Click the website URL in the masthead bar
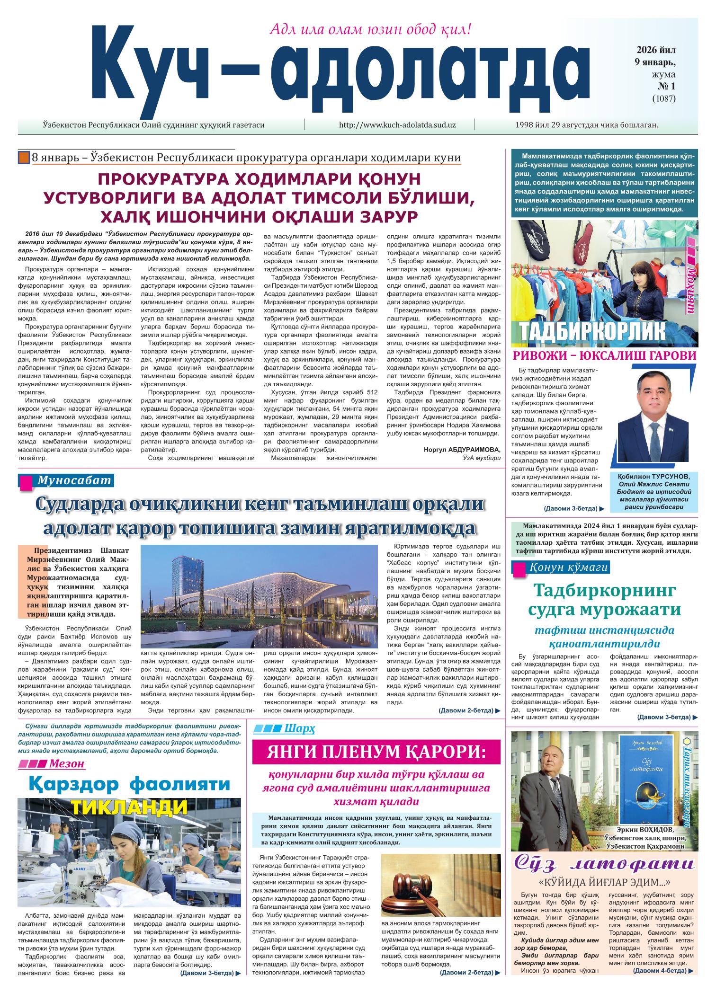397,125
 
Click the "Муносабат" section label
73,480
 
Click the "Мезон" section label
66,763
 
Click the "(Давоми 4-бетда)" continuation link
660,980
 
